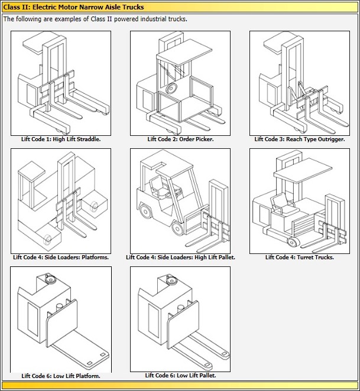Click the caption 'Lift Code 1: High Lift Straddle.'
point(61,139)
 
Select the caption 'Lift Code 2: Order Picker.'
point(180,139)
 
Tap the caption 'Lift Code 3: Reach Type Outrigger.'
point(299,139)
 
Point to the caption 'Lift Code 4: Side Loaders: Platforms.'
point(61,258)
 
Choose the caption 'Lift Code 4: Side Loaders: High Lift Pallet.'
point(180,258)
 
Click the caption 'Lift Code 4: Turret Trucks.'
point(299,258)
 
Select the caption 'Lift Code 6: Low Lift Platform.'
point(61,376)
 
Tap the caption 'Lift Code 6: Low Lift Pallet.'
point(180,375)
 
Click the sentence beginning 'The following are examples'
point(95,19)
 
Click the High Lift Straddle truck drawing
point(61,83)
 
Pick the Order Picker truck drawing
point(180,83)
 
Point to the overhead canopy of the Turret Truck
point(299,172)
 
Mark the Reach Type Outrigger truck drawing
point(299,83)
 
